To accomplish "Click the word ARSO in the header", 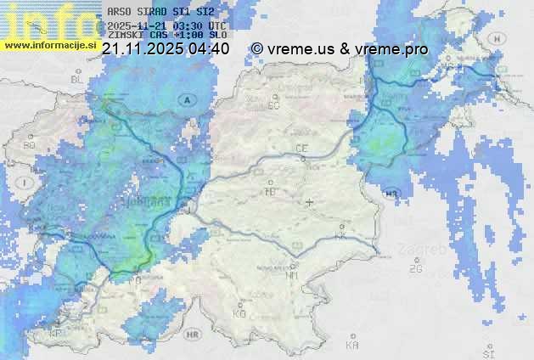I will coord(120,12).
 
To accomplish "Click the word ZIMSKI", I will coord(125,36).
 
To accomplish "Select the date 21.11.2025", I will coord(143,49).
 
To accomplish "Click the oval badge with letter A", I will coord(186,99).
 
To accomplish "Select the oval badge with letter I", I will coord(26,183).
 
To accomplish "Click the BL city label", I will coord(76,79).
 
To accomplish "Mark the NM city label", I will coord(293,275).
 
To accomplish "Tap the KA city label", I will coord(352,346).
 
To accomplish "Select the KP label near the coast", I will coord(56,333).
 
